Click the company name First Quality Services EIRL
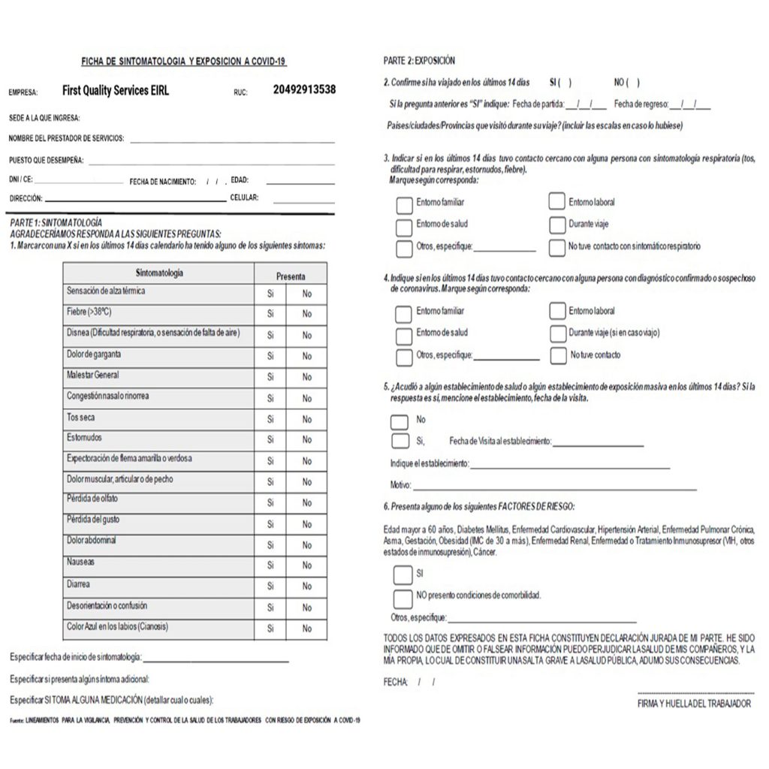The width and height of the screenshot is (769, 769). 116,90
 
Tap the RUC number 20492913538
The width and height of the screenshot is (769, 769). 304,89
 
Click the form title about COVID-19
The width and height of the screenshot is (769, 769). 183,62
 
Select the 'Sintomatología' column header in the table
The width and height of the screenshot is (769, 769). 159,273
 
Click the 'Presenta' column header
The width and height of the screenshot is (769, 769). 291,276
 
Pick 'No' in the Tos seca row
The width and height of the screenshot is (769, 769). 307,420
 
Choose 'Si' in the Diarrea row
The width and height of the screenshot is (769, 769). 270,587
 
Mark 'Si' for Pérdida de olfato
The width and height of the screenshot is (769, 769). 270,503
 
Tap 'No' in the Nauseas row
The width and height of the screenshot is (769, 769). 307,565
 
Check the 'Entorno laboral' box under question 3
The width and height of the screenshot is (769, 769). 556,201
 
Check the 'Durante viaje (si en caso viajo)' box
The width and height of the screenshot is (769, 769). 557,333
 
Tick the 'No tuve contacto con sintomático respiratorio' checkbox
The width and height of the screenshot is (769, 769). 556,247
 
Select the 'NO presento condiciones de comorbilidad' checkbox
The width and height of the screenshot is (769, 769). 403,597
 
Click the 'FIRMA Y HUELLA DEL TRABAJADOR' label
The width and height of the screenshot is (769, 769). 694,704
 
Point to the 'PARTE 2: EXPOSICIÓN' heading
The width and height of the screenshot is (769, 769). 419,61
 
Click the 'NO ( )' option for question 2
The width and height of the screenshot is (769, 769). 627,83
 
